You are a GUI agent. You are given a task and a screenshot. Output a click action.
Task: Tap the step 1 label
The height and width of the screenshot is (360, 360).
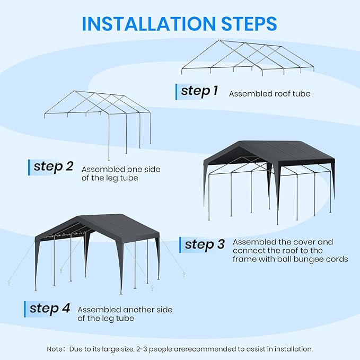(x=199, y=91)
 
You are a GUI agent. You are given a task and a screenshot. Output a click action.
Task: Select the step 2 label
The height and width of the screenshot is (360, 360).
(x=53, y=166)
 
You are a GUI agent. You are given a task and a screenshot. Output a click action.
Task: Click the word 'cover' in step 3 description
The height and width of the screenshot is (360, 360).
(x=307, y=241)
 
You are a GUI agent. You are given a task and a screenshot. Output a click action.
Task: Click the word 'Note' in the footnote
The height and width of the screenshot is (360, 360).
(x=56, y=348)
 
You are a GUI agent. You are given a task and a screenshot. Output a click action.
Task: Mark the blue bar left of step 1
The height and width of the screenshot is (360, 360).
(x=177, y=91)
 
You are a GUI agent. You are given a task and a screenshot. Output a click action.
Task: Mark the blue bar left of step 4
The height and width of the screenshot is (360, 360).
(x=25, y=309)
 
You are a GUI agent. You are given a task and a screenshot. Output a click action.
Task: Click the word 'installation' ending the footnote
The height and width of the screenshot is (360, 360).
(x=293, y=348)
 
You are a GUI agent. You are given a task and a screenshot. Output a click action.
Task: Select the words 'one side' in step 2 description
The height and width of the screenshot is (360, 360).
(x=143, y=169)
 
